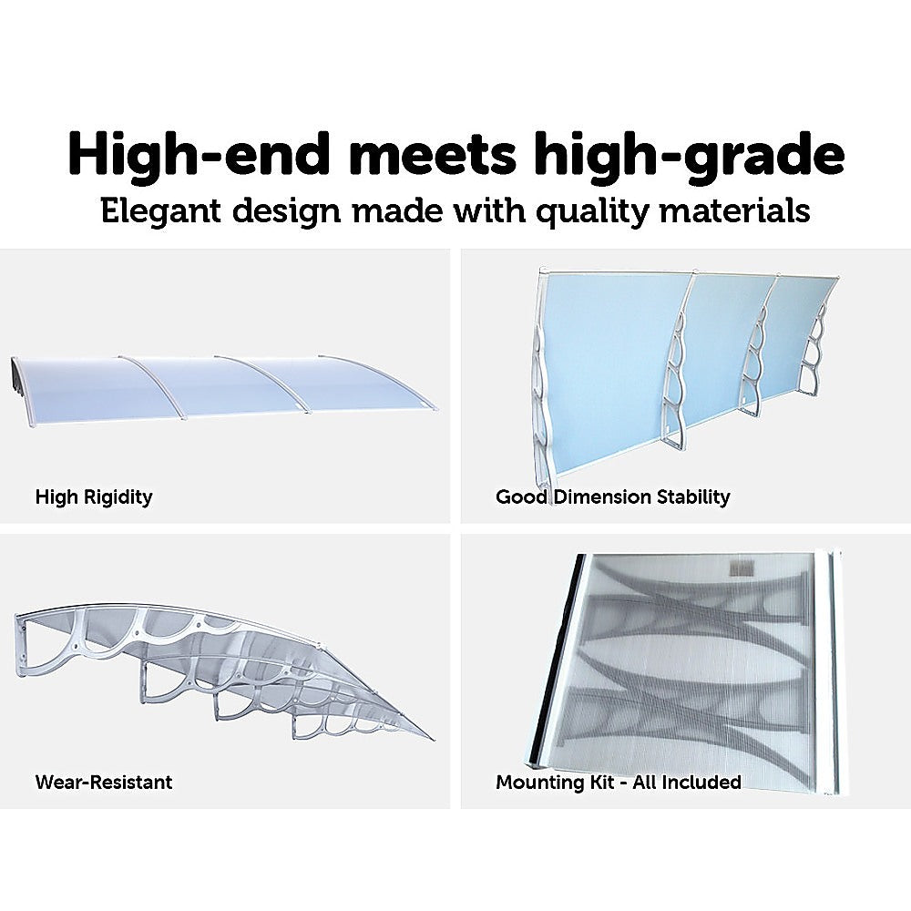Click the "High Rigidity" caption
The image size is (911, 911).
pos(94,497)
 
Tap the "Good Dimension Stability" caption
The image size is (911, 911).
pos(612,497)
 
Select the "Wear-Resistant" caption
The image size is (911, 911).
pos(103,783)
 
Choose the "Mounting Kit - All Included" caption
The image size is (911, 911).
pos(618,783)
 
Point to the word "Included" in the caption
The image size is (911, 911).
pos(701,783)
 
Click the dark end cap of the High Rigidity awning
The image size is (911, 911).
pos(18,374)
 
